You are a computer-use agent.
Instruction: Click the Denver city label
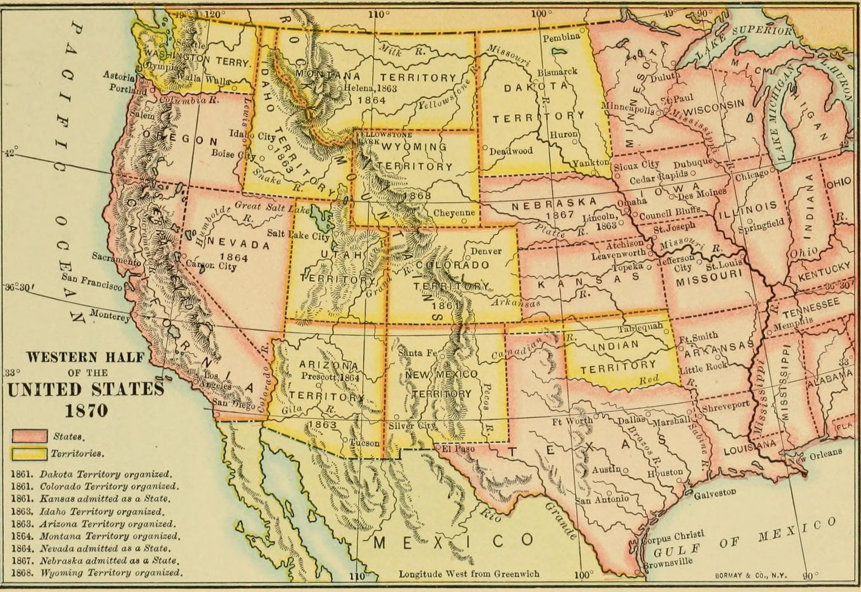486,251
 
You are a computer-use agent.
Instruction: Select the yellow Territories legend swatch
28,453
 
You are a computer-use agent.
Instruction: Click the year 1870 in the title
86,411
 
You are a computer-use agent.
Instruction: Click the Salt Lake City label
298,236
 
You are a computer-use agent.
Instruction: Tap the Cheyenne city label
454,213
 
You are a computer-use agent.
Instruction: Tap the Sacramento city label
116,258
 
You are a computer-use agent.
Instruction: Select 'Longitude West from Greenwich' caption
469,574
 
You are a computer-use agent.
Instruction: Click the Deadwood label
511,151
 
